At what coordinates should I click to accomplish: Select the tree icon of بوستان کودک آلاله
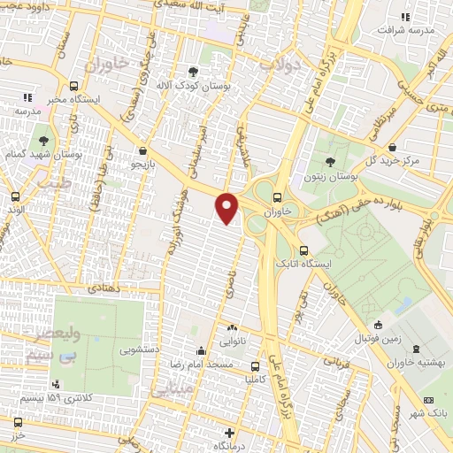click(x=194, y=72)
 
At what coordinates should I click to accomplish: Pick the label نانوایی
click(x=234, y=338)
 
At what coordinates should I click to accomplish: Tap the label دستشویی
click(x=139, y=349)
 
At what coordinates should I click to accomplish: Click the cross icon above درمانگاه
click(x=229, y=434)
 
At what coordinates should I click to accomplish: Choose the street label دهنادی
click(x=105, y=288)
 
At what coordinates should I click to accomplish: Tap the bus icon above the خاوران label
click(x=278, y=198)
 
